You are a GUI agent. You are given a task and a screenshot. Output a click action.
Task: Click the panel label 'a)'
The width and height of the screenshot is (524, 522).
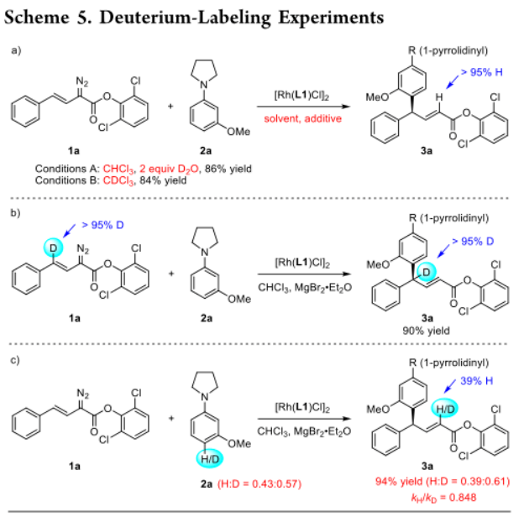coord(15,51)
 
